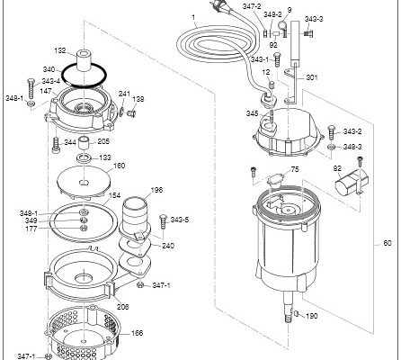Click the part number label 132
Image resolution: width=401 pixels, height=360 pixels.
[x=59, y=50]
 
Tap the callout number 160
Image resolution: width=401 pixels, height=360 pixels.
[x=120, y=166]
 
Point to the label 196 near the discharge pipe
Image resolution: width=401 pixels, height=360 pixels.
[x=156, y=190]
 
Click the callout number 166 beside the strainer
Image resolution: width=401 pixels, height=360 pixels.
[x=137, y=333]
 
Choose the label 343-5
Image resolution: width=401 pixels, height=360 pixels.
[x=180, y=220]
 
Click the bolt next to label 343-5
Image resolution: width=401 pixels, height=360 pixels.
[x=164, y=222]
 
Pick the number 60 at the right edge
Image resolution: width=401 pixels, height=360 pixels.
[x=388, y=243]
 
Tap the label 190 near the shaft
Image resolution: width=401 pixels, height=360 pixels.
[x=311, y=316]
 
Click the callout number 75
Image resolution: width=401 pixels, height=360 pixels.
[x=295, y=169]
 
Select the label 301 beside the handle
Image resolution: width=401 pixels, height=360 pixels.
[x=312, y=77]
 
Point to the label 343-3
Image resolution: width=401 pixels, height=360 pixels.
[x=314, y=19]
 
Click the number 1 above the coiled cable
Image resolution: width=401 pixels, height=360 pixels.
[x=193, y=17]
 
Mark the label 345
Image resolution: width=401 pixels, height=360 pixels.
[x=252, y=113]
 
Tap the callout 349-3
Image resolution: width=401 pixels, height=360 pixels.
[x=352, y=147]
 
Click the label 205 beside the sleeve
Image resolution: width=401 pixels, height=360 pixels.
[x=103, y=141]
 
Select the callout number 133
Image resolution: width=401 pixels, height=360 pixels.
[x=105, y=157]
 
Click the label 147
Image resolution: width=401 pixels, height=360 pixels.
[x=46, y=91]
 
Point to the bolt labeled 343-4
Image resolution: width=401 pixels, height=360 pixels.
[x=31, y=89]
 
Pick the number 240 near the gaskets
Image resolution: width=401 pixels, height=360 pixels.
[x=168, y=246]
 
